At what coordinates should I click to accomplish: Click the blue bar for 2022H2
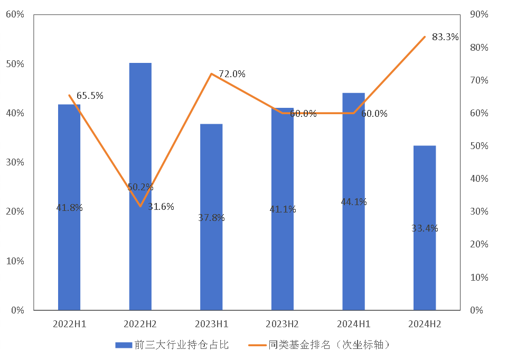140,132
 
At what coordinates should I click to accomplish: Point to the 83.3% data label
445,37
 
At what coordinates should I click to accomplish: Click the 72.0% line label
232,74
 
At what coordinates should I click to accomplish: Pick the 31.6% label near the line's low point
161,207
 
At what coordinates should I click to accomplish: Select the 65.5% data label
90,96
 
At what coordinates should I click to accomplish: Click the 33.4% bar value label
425,228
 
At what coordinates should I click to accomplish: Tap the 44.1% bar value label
354,202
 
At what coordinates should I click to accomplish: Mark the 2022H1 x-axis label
69,324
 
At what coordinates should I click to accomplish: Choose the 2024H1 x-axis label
354,324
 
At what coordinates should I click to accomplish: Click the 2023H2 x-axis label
283,324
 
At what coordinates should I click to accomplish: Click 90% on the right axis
479,14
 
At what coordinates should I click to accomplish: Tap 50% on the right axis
479,146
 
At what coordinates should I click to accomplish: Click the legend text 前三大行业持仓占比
182,345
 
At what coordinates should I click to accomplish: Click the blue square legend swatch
123,345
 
